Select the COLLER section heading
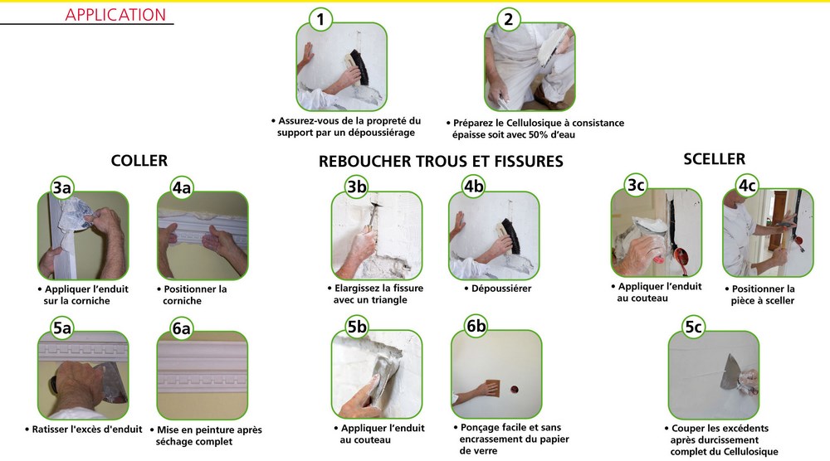click(x=139, y=161)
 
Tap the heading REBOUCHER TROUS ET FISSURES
click(x=441, y=162)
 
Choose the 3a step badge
click(x=62, y=188)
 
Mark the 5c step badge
click(x=694, y=328)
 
